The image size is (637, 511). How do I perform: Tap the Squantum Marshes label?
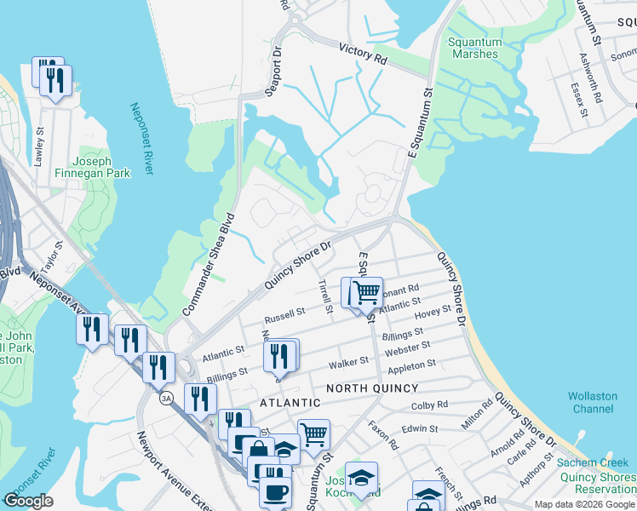(x=473, y=48)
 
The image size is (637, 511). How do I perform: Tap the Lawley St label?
(x=39, y=146)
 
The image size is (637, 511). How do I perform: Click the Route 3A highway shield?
(x=167, y=397)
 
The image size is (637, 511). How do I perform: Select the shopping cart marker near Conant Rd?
(x=367, y=292)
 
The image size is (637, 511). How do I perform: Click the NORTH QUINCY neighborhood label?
(x=373, y=388)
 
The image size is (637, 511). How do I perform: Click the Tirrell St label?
(x=324, y=296)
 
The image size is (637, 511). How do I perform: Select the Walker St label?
(x=349, y=363)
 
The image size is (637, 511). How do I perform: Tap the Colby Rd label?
(x=429, y=406)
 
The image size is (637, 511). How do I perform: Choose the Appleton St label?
(x=412, y=367)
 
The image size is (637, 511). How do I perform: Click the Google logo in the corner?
(x=29, y=501)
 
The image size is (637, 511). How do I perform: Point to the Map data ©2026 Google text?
(x=584, y=504)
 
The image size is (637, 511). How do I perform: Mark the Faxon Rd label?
(x=383, y=435)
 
